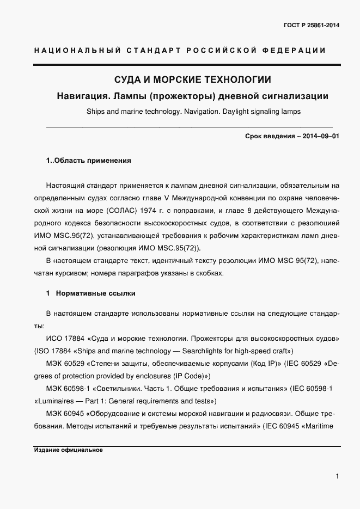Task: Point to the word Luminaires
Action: (x=57, y=401)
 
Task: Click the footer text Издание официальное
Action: (x=68, y=450)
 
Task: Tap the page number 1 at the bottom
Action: (x=338, y=476)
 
